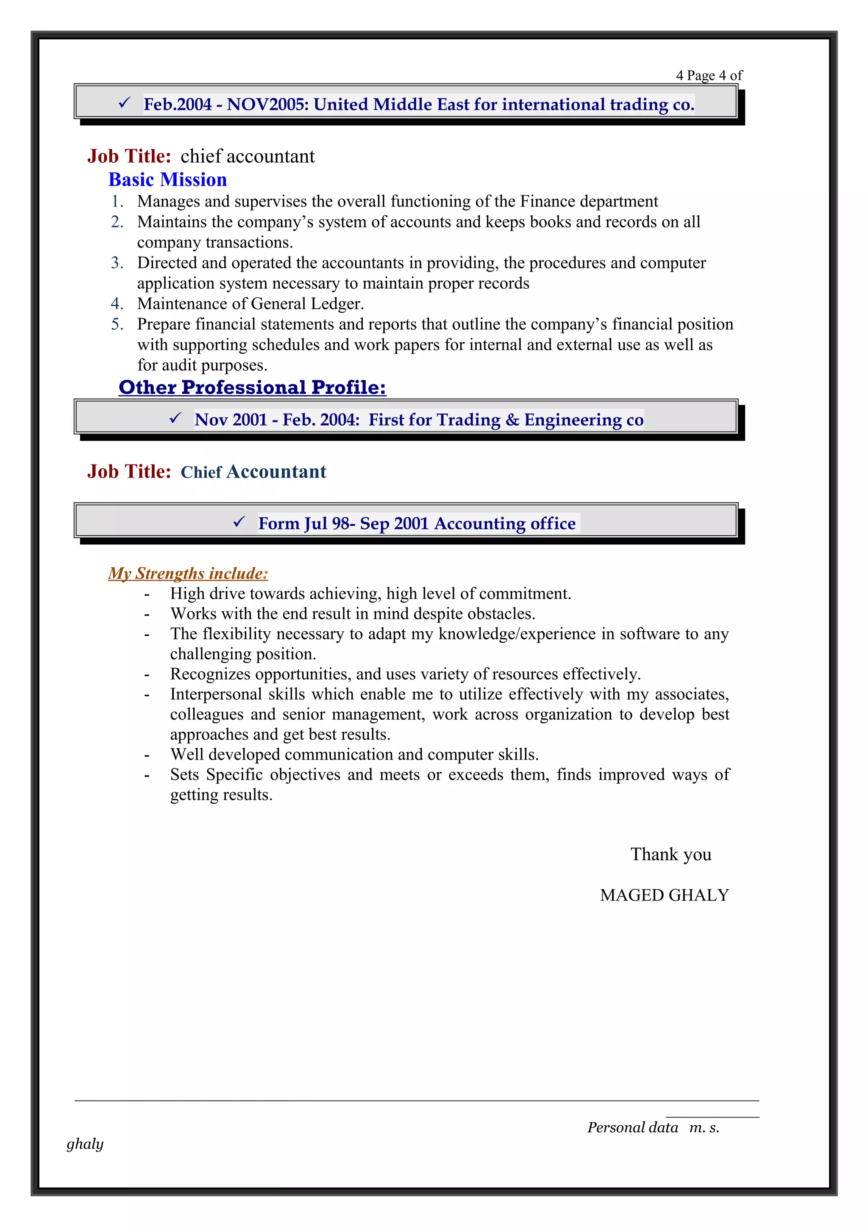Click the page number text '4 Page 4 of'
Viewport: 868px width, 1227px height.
(709, 75)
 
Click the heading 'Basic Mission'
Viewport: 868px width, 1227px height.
(167, 180)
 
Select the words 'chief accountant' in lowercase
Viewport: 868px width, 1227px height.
(247, 156)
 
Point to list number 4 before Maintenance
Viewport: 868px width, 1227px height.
(117, 304)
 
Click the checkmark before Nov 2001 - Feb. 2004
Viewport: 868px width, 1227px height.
(175, 418)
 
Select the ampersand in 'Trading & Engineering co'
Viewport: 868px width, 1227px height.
(512, 420)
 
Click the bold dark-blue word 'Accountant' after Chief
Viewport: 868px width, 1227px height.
(276, 472)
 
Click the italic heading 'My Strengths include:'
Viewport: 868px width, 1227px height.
(188, 573)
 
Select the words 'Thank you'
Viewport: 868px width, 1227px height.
(670, 854)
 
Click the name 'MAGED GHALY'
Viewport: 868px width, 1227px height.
(664, 895)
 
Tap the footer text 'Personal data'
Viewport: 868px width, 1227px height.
(632, 1128)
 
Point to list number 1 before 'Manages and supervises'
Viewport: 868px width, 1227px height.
(117, 202)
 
